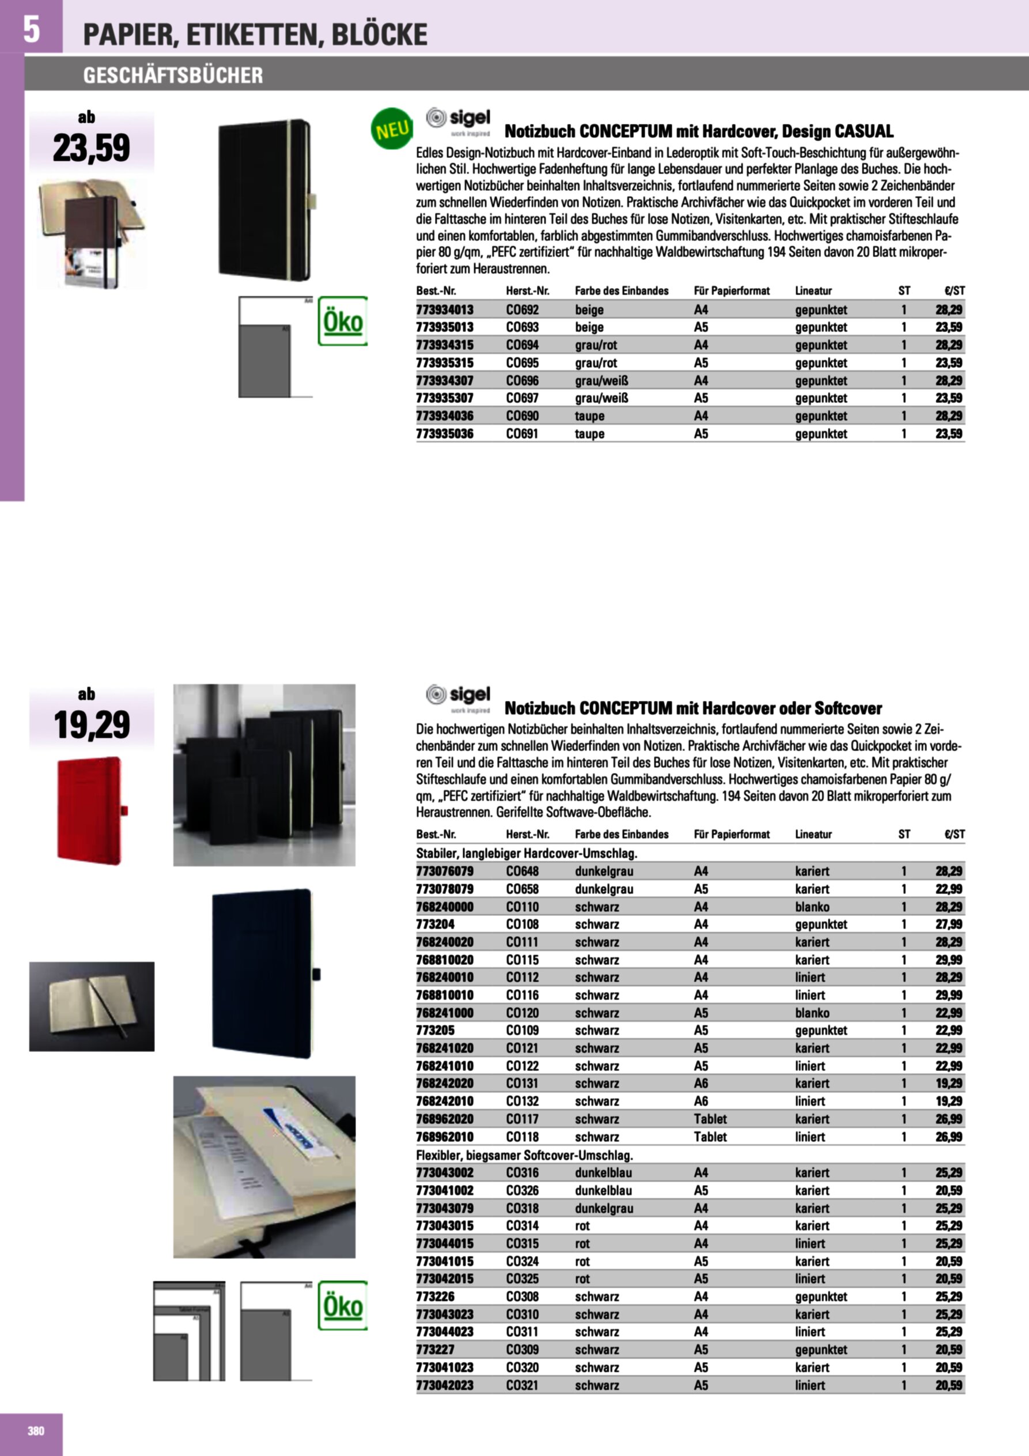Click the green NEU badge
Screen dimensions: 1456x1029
tap(391, 129)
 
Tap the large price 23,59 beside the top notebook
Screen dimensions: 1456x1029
tap(91, 148)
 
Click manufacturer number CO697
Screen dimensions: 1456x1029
tap(522, 398)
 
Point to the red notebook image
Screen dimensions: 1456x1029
tap(90, 810)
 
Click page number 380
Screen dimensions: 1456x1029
tap(36, 1431)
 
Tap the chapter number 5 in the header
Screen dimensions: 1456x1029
tap(31, 29)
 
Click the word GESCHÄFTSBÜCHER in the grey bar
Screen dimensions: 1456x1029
tap(173, 76)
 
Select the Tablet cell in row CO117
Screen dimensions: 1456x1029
tap(710, 1119)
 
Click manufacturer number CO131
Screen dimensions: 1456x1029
tap(522, 1084)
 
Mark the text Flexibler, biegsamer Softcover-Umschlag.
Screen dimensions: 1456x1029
tap(524, 1156)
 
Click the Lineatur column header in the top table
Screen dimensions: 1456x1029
tap(814, 291)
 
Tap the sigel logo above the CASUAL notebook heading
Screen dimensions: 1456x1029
tap(459, 121)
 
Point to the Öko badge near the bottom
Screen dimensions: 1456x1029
tap(343, 1306)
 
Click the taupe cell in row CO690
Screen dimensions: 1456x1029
tap(589, 416)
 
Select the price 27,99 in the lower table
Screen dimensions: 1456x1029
tap(948, 925)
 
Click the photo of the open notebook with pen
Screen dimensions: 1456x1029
tap(91, 1006)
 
